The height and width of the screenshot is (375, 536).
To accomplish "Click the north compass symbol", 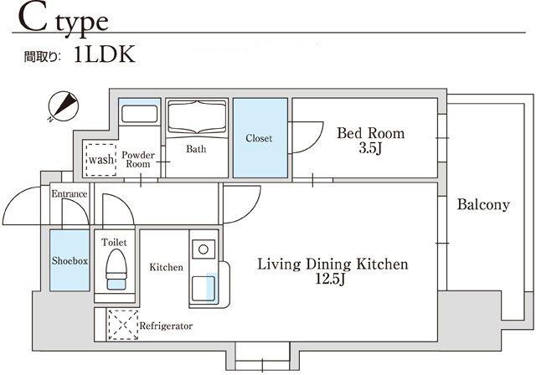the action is coord(64,105).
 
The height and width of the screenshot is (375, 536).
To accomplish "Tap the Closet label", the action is coord(259,138).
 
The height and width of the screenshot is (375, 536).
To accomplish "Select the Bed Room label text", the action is coord(370,133).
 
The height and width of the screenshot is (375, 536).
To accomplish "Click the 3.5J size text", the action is coord(370,148).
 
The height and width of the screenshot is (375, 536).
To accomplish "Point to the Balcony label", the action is coord(483,204).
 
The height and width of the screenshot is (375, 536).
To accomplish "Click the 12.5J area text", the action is coord(330,279).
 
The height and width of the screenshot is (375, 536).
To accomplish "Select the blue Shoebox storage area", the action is coord(70,260).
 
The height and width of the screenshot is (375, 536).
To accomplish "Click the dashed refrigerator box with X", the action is coord(123,325).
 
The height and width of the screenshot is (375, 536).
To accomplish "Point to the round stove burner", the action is coord(204,249).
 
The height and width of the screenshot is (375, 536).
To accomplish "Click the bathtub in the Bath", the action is coord(198,117).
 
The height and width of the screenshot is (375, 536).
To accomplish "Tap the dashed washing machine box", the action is coord(100,160).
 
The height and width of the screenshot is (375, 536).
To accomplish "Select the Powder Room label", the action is coord(138,160).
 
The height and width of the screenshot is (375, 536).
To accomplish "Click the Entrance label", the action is coord(70,193).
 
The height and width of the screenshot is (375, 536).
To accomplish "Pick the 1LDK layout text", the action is coord(104,54).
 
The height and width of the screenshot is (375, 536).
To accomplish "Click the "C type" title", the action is coord(64,20).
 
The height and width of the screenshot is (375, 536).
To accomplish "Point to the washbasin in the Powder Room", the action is coord(140,114).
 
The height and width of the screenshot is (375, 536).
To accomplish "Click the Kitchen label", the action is coord(166,267).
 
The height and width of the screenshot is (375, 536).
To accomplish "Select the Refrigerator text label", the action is coord(166,326).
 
